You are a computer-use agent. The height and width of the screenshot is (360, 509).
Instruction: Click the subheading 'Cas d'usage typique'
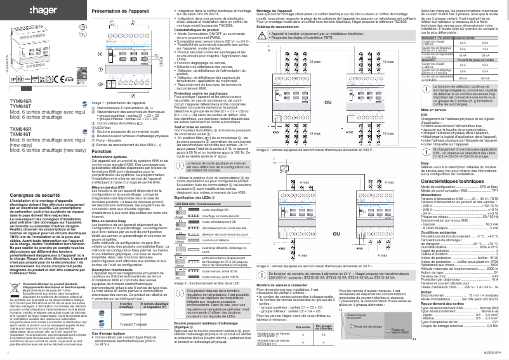pos(110,333)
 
